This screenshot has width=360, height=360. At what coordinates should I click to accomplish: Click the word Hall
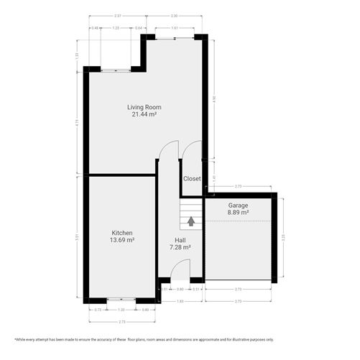point(180,240)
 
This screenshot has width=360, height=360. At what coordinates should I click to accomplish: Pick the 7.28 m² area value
point(180,247)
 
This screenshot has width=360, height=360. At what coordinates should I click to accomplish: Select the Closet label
point(192,178)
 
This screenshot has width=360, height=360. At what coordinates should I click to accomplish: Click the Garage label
point(238,205)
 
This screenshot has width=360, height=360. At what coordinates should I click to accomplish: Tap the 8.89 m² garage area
point(238,212)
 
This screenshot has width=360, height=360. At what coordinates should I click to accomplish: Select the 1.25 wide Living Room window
point(116,70)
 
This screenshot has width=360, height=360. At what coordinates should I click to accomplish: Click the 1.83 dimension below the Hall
point(180,300)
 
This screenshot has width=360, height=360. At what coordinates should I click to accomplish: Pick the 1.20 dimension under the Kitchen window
point(121,309)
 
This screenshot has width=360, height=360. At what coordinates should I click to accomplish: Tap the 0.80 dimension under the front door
point(180,289)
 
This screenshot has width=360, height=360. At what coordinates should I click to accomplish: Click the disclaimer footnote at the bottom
point(180,338)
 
